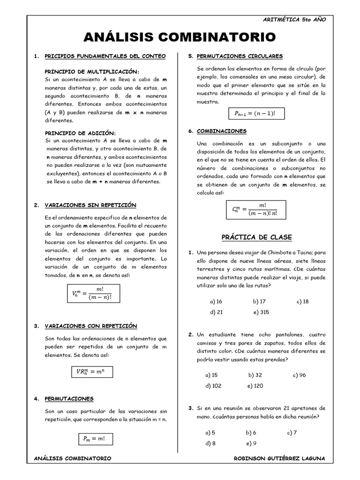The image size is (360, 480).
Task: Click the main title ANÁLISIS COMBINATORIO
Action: point(180,37)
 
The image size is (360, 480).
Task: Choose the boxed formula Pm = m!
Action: point(94,439)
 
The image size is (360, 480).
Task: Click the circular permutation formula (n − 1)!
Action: point(256,113)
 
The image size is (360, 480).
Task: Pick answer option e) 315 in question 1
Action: point(262,312)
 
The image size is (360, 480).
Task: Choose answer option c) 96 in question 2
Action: point(299,375)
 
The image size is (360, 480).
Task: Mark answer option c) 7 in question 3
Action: point(292,433)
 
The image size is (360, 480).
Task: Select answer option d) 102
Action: point(213,386)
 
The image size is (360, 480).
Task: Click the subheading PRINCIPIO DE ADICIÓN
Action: point(80,133)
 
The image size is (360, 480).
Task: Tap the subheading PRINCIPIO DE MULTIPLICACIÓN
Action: point(92,72)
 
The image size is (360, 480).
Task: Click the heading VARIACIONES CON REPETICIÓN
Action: point(91,326)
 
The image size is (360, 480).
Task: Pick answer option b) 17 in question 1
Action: point(259,301)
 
